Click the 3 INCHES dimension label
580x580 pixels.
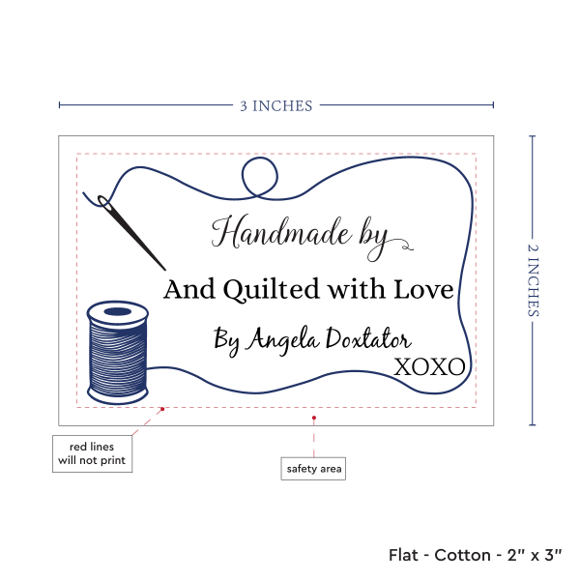click(x=276, y=105)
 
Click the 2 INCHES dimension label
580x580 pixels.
click(x=535, y=279)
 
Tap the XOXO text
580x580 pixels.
click(x=429, y=366)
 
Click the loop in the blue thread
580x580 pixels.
click(x=259, y=176)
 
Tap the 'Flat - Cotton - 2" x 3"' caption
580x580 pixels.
click(x=476, y=555)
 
